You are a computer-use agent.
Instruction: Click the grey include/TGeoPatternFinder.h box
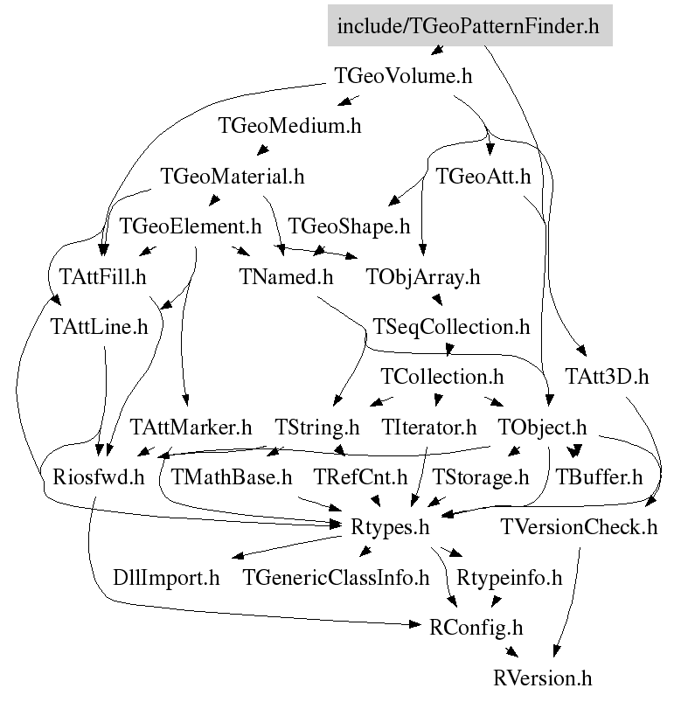(469, 26)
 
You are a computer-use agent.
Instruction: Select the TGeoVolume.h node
(404, 76)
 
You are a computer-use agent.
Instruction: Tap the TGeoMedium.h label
(289, 125)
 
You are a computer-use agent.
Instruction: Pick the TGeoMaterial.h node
(233, 176)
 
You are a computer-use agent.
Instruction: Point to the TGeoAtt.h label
(483, 176)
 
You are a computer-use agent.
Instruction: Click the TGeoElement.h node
(190, 226)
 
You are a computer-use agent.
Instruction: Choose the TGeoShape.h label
(349, 226)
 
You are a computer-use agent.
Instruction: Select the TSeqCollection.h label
(451, 327)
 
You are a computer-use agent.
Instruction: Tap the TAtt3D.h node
(608, 377)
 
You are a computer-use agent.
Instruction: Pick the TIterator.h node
(429, 427)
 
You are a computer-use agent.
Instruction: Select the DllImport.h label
(166, 578)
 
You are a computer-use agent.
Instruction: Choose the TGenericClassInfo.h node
(337, 578)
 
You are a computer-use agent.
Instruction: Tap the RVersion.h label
(543, 678)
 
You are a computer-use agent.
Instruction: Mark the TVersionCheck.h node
(580, 527)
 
